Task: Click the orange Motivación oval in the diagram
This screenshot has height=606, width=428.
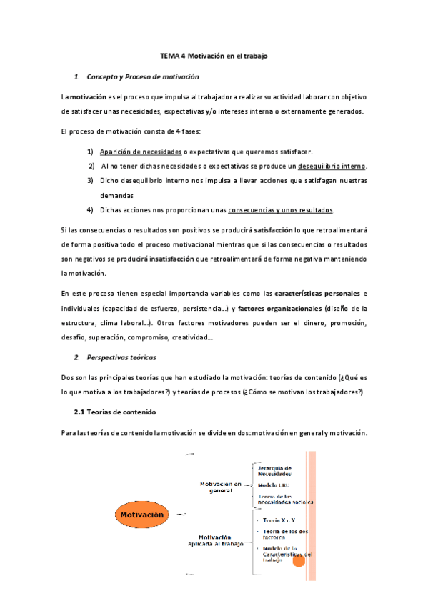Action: [x=142, y=515]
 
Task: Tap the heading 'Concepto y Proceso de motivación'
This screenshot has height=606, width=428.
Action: [x=142, y=76]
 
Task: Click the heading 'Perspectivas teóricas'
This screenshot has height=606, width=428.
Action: [x=121, y=357]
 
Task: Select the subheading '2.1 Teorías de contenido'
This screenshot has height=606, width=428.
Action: [x=115, y=412]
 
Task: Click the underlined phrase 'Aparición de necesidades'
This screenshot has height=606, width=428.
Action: [x=141, y=151]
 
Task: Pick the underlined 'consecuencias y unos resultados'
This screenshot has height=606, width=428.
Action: [x=281, y=210]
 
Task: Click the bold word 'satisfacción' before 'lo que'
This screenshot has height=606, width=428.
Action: [x=274, y=229]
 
